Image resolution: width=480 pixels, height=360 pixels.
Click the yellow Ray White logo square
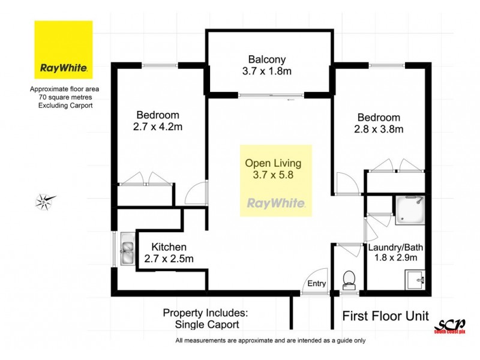point(64,50)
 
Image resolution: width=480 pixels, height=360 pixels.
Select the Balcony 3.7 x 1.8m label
point(267,65)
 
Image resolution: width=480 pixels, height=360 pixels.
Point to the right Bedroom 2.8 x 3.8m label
point(379,123)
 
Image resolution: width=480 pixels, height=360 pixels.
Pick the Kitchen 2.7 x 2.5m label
point(169,253)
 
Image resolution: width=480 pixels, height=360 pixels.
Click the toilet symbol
point(349,280)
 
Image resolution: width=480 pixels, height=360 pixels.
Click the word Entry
point(316,284)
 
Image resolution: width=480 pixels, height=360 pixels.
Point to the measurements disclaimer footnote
point(270,341)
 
